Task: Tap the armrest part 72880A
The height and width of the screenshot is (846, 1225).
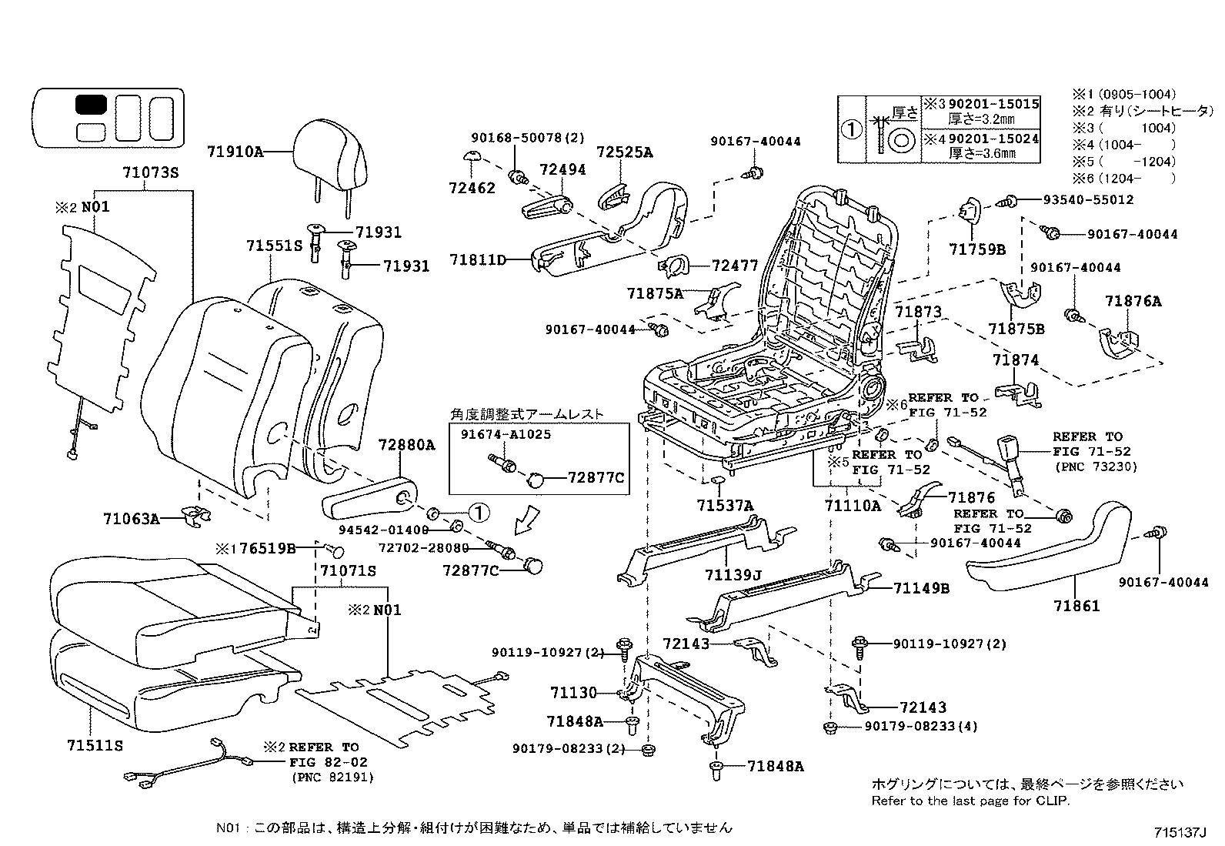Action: click(369, 501)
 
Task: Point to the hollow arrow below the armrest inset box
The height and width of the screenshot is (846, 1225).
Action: click(528, 519)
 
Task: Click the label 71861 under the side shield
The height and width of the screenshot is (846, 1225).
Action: click(1076, 606)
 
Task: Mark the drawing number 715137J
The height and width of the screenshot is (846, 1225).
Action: click(1181, 832)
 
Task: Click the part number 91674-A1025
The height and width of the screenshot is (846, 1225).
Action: click(506, 434)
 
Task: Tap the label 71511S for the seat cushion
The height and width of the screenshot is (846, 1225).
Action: click(95, 745)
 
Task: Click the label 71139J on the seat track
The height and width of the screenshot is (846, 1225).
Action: click(733, 575)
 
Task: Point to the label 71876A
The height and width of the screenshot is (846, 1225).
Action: click(1133, 301)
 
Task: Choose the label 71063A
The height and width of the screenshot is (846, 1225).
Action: click(131, 519)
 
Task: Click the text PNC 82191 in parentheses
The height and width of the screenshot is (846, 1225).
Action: click(332, 777)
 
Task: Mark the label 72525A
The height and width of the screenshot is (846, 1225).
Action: click(624, 152)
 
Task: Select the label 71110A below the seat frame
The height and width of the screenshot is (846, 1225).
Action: click(852, 506)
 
